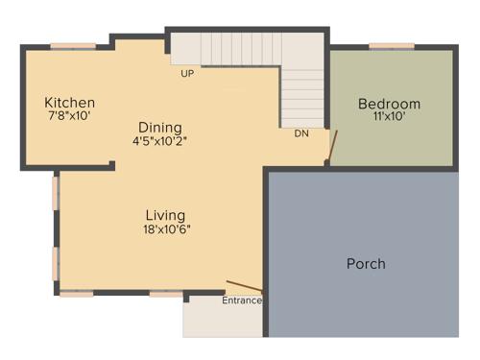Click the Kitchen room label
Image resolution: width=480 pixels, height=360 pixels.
69,103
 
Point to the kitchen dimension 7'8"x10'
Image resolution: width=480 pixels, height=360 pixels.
69,116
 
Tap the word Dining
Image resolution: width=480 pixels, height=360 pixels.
159,128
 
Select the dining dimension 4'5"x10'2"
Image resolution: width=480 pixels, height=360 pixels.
159,141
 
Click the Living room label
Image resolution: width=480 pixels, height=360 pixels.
165,215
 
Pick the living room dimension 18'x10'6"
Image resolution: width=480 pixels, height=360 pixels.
165,228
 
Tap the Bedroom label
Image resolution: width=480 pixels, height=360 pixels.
389,104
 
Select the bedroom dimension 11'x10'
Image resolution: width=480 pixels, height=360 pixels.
389,117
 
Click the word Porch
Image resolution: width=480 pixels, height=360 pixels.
366,263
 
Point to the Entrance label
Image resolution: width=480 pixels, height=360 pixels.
242,300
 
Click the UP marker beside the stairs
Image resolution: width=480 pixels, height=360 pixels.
187,73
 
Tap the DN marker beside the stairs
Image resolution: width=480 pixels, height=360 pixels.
300,133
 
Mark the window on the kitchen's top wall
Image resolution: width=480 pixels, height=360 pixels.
66,45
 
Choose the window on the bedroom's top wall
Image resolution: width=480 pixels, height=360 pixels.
384,45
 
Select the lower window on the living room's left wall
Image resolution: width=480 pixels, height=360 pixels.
56,262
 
